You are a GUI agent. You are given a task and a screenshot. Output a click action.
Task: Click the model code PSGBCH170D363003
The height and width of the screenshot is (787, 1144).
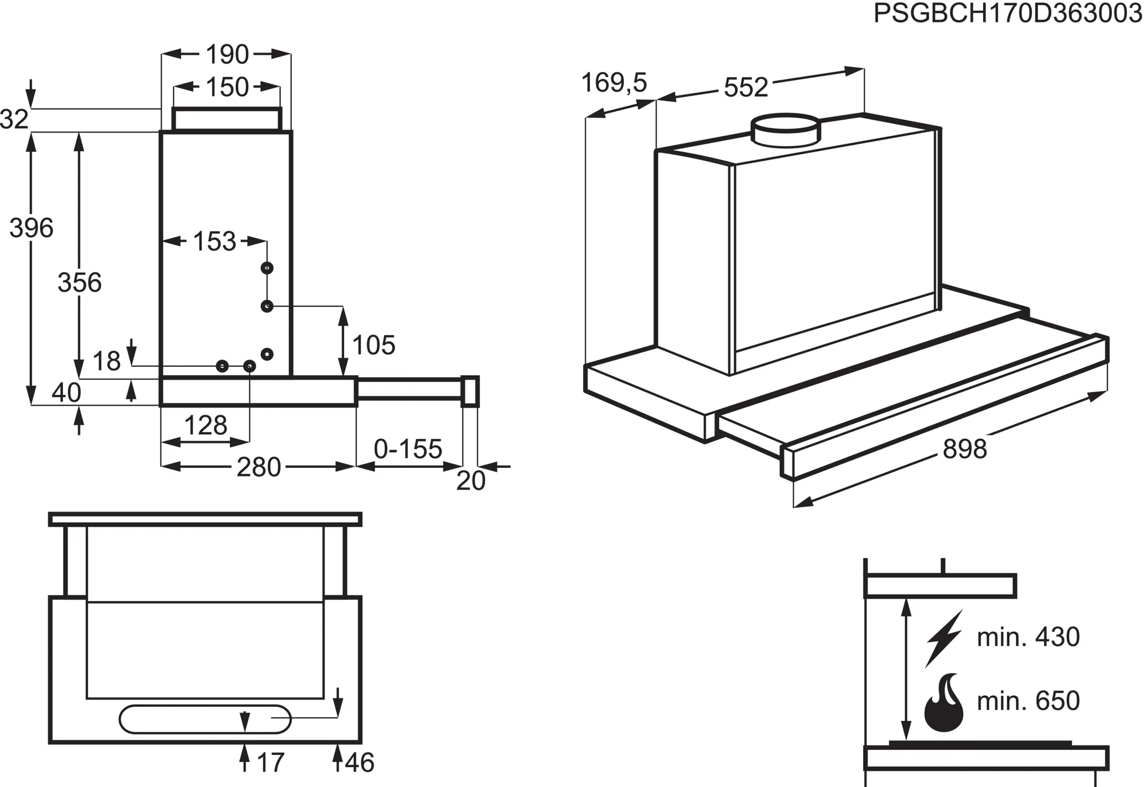click(1007, 13)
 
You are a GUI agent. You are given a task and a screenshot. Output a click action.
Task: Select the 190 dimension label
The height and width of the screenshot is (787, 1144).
click(227, 54)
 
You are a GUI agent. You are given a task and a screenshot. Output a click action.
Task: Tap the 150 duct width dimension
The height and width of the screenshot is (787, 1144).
click(227, 87)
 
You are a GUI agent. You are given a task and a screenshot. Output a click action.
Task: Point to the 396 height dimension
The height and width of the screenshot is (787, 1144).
click(31, 228)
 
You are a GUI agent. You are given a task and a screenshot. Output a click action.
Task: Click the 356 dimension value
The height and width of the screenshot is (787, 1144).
click(79, 282)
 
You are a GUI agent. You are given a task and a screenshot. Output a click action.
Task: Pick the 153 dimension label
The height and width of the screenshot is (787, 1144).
click(214, 242)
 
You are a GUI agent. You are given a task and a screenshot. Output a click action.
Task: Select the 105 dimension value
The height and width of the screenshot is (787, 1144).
click(373, 346)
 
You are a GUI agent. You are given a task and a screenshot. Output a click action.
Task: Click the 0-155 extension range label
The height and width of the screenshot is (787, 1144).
click(408, 449)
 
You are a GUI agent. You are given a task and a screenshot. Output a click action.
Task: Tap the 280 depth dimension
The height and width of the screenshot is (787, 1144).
click(258, 467)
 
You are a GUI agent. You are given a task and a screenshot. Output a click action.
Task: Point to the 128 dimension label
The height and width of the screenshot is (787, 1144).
click(205, 426)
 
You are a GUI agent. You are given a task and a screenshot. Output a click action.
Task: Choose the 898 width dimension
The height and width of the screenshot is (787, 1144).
click(964, 449)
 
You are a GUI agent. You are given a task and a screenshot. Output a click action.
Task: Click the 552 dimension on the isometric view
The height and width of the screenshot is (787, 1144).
click(746, 87)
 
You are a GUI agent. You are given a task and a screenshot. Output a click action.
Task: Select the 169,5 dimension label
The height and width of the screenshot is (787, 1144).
click(614, 83)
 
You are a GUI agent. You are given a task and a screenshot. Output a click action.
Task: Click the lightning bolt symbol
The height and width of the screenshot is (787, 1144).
click(943, 638)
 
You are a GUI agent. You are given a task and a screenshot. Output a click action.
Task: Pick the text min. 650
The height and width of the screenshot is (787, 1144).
click(1028, 701)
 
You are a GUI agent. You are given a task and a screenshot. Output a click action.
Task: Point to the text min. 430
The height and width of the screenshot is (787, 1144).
click(1028, 637)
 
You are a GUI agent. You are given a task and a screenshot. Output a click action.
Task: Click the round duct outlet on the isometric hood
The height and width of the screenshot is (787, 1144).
click(786, 129)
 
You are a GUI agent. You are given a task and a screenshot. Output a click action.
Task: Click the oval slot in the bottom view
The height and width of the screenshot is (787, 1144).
click(205, 719)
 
